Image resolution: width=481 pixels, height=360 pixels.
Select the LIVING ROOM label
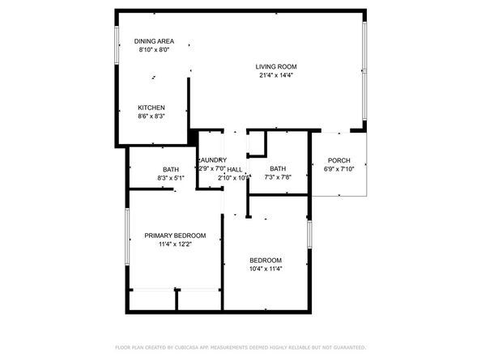coord(276,67)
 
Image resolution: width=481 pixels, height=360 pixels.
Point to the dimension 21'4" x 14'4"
coord(276,77)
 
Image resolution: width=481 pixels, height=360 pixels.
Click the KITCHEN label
coord(151,108)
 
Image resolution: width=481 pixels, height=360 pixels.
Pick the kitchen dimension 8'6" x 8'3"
coord(151,117)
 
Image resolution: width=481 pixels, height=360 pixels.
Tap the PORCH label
coord(338,159)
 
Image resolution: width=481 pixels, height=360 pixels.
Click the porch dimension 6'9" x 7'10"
coord(338,169)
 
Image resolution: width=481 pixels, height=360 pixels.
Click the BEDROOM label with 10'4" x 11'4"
coord(265,260)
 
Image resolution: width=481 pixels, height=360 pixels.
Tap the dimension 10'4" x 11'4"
coord(265,269)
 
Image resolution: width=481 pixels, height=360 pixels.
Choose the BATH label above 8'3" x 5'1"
coord(170,169)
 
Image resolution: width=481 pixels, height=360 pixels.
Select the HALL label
coord(236,168)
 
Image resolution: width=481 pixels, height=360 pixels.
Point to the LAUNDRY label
coord(212,159)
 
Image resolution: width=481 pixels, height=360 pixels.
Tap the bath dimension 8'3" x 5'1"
coord(170,178)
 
